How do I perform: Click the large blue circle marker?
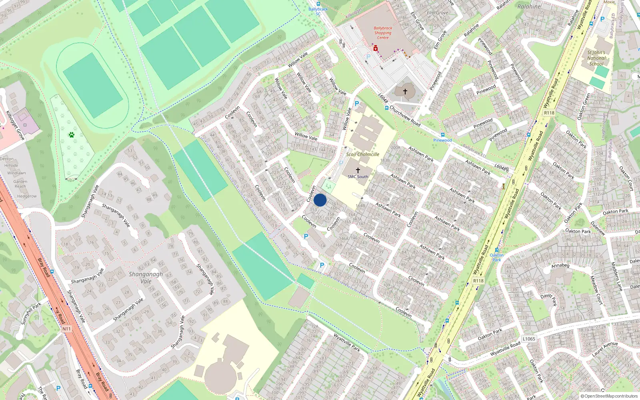[320, 200]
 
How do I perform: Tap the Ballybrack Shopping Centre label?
[383, 33]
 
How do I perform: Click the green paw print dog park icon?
[72, 135]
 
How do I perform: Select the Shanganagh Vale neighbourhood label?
[146, 278]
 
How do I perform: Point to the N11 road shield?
[66, 329]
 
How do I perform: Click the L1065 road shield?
[529, 339]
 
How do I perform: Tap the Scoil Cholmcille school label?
[362, 154]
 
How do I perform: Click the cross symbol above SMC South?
[358, 170]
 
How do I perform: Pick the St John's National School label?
[596, 58]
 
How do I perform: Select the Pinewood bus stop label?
[442, 140]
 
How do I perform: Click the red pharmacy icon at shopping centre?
[376, 48]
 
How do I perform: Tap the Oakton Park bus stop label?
[497, 257]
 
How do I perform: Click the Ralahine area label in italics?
[529, 6]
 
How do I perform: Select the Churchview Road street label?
[405, 116]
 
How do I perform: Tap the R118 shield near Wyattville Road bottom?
[478, 281]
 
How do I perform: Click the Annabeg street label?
[560, 266]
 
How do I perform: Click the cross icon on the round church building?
[405, 92]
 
